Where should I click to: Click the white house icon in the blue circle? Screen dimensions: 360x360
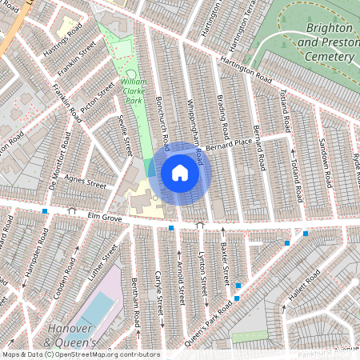(180, 173)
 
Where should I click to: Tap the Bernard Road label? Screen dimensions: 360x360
(258, 146)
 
